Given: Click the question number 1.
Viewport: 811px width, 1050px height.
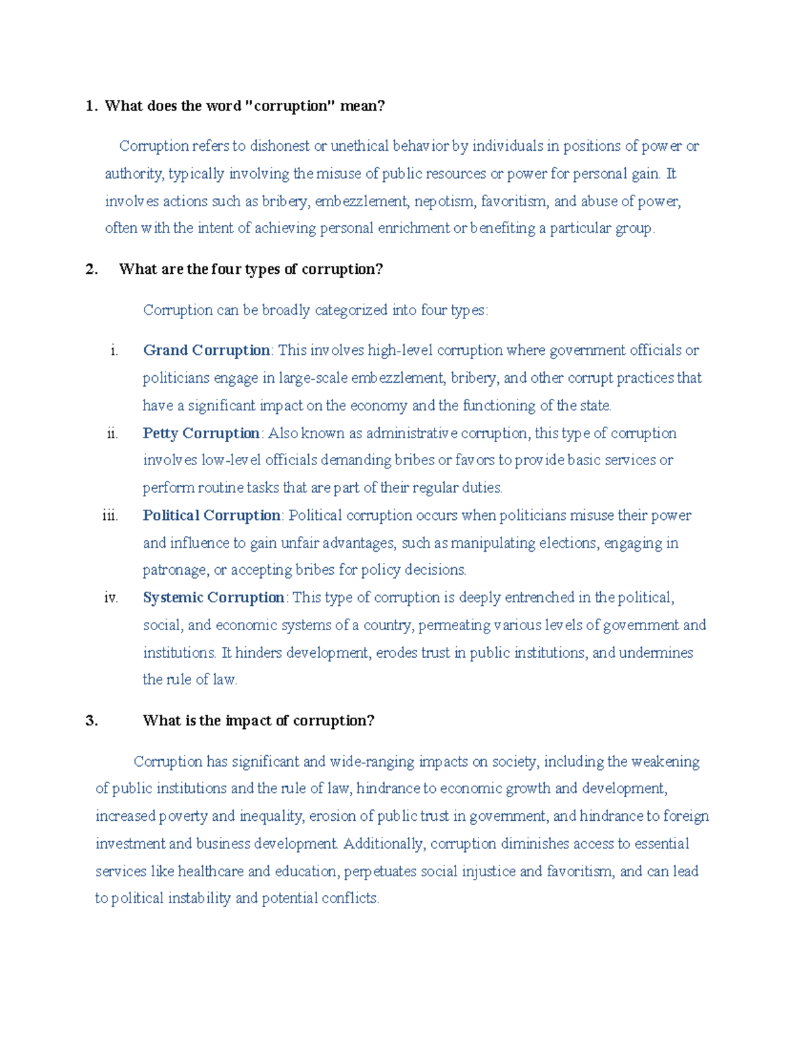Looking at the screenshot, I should click(91, 106).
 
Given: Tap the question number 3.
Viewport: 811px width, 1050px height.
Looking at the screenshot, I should click(92, 721).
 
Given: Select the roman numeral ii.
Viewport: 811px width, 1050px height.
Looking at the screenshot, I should click(112, 433).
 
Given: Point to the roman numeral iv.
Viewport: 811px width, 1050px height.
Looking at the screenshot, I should click(111, 598).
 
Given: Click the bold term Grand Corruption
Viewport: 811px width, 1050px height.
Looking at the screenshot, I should click(206, 350).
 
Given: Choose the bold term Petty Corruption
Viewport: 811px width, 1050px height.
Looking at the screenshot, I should click(201, 433).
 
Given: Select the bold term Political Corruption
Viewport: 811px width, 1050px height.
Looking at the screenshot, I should click(212, 515).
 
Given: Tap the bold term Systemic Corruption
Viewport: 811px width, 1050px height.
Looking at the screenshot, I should click(214, 598).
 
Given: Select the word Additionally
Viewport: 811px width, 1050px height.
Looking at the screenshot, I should click(383, 844).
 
